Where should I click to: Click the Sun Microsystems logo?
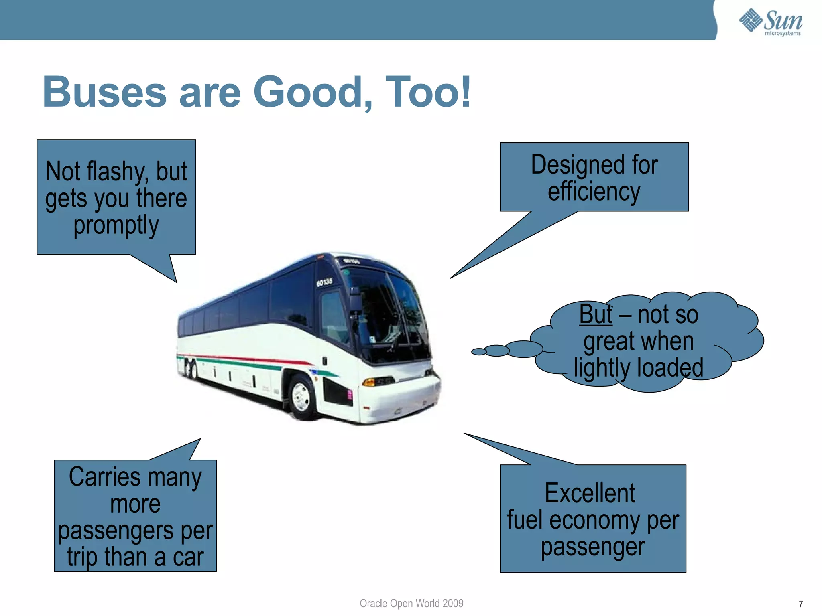[771, 22]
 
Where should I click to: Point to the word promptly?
[116, 225]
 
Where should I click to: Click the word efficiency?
[594, 192]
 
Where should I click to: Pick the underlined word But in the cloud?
[596, 314]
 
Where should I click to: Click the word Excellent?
[590, 493]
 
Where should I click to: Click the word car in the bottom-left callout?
[188, 557]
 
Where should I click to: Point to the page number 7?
[801, 604]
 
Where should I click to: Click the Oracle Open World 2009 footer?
[411, 603]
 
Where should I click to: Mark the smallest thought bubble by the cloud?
[478, 352]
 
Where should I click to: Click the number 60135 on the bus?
[324, 282]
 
